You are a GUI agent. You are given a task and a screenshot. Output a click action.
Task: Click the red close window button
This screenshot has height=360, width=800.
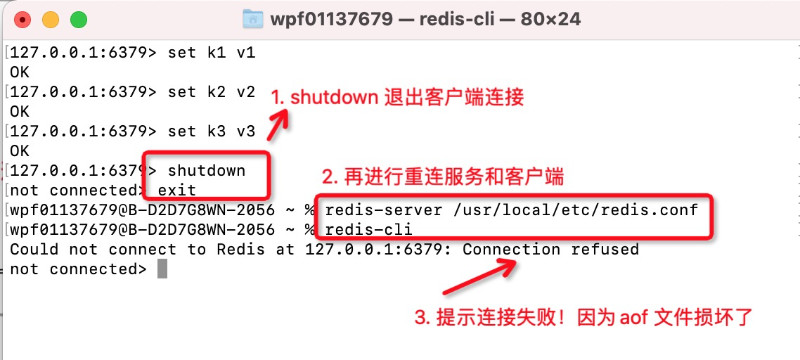point(23,20)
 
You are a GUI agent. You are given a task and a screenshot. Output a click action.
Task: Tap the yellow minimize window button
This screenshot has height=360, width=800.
point(51,20)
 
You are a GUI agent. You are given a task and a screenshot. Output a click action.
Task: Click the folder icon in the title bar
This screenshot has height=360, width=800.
point(252,19)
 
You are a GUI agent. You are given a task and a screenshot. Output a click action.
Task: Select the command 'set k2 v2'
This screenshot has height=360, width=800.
point(211,92)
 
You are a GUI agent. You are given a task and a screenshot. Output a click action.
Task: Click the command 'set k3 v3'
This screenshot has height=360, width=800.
point(211,131)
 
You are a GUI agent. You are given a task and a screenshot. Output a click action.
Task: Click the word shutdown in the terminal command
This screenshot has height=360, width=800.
point(207,171)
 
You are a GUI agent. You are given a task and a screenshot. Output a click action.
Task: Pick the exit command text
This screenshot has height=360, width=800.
point(176,190)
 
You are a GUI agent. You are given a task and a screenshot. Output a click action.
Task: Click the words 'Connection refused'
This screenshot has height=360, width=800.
point(550,249)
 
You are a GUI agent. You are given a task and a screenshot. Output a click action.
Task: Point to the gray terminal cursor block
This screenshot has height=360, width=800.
point(162,269)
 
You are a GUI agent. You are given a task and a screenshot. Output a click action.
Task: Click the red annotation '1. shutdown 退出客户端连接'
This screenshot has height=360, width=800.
point(398,97)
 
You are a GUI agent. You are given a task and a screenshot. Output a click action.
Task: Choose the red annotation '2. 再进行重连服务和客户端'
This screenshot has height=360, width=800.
point(443,176)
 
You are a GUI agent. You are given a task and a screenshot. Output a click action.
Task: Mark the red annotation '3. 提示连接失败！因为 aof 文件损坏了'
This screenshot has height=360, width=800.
point(583,318)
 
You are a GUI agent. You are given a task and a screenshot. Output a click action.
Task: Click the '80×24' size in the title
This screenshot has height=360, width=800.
point(550,19)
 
